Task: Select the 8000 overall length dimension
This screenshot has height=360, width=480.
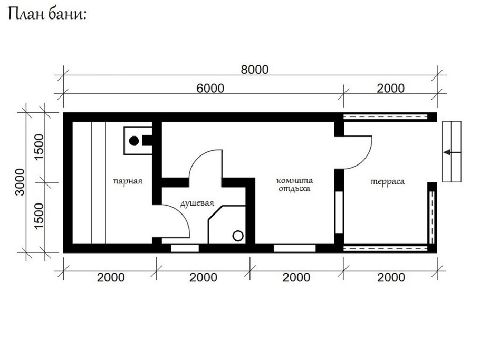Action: point(255,70)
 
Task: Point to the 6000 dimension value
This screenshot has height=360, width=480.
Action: point(210,88)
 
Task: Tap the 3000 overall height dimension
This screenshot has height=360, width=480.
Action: point(20,182)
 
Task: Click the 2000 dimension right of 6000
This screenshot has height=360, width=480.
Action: point(390,88)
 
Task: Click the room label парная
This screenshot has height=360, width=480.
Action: point(128,181)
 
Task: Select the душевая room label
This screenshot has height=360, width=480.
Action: point(197,203)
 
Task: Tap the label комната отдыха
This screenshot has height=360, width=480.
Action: point(294,183)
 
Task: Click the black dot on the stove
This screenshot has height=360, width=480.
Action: point(134,141)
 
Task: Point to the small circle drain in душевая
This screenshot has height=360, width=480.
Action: point(238,236)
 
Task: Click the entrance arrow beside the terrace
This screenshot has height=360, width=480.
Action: point(452,152)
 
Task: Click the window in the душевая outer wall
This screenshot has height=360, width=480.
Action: point(185,248)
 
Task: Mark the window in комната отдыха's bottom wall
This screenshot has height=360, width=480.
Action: point(294,248)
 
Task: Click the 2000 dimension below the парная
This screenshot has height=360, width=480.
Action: point(110,277)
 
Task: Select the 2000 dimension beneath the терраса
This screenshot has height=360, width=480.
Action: point(390,277)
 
